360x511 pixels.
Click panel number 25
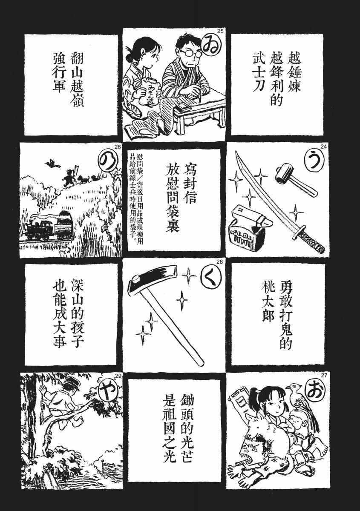tap(220, 32)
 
